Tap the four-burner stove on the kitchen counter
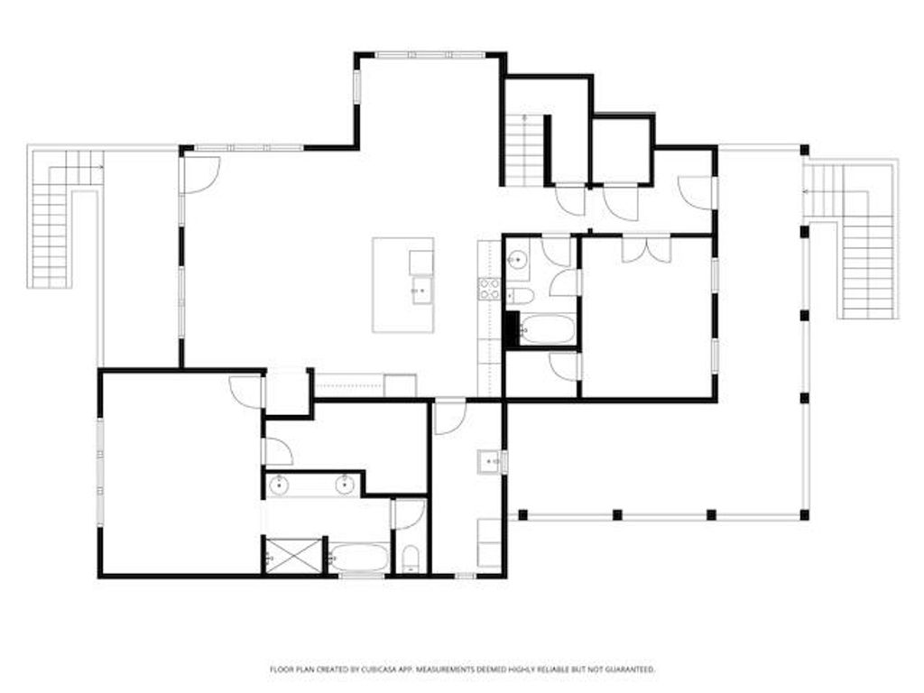point(489,289)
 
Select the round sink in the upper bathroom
point(517,261)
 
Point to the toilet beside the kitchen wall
point(521,296)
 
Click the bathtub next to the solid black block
point(546,329)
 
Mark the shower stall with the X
point(282,554)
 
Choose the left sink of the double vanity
point(280,485)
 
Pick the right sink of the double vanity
point(345,485)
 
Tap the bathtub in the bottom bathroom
point(359,558)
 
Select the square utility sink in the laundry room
point(488,463)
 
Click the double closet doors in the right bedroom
point(646,250)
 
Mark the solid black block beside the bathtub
point(512,328)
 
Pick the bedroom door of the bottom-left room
point(246,391)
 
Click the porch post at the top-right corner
point(804,150)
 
